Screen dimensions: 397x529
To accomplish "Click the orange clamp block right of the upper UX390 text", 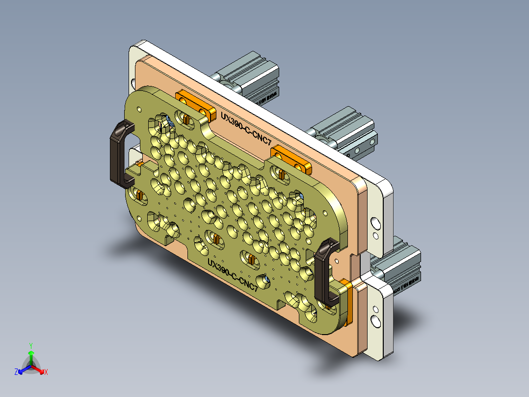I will [291, 159].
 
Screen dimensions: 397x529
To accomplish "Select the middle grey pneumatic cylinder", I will [344, 130].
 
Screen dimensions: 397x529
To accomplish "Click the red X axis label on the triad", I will [46, 372].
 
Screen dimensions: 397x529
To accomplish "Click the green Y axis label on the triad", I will [31, 345].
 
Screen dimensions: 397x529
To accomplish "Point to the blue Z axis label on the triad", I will [16, 372].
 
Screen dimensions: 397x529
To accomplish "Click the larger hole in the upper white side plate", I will [375, 224].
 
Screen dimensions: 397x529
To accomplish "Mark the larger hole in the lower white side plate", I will [376, 321].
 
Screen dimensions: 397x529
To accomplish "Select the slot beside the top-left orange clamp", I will [185, 118].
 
